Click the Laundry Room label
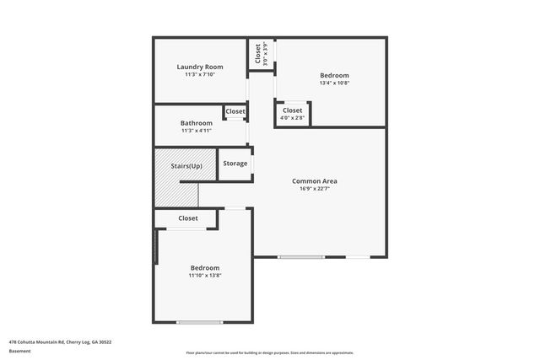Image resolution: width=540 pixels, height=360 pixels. tap(200, 67)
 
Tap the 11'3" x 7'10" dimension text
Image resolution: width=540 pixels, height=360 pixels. tap(200, 74)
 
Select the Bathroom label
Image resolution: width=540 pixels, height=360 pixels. tap(196, 123)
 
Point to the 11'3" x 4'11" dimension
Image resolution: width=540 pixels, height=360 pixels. tap(196, 131)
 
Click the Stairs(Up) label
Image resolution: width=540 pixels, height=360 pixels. tap(186, 166)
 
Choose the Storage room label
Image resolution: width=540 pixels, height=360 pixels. tap(235, 163)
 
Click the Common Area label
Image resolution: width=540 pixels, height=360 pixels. tap(314, 180)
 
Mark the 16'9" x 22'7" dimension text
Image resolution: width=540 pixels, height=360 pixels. tap(314, 188)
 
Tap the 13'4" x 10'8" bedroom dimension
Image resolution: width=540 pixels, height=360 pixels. tap(334, 83)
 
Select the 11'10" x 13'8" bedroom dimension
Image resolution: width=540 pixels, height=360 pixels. tap(204, 275)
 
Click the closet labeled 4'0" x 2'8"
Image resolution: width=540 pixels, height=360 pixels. tap(292, 114)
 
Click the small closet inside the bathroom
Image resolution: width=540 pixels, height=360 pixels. tap(235, 111)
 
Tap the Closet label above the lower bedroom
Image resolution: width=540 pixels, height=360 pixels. tap(187, 218)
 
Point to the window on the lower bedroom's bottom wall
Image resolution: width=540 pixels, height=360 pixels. tap(199, 321)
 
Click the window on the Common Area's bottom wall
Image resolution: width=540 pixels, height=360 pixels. tap(301, 256)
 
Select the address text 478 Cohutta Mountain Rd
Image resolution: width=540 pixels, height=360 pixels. tap(60, 341)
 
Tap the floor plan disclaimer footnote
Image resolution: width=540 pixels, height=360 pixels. tap(269, 352)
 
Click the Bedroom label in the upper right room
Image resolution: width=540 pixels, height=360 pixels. tap(334, 75)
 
